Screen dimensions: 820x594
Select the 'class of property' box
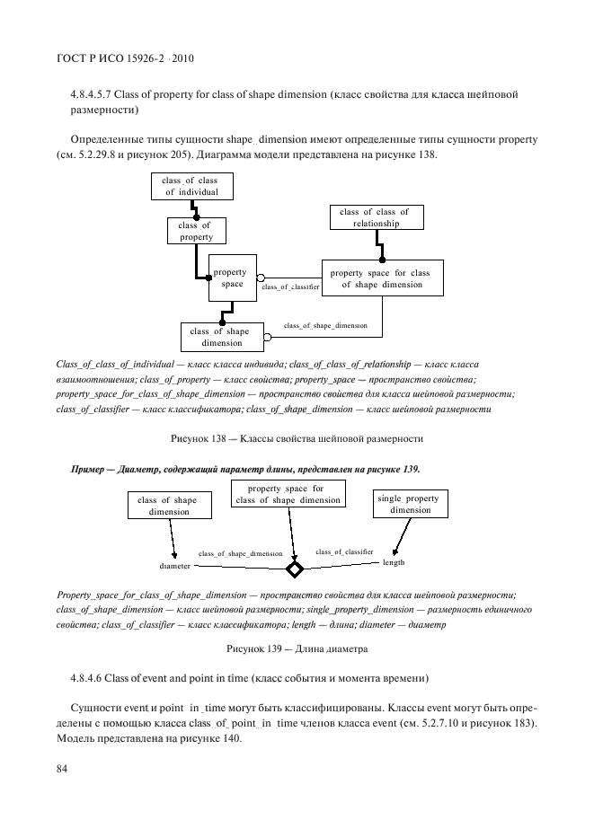tap(195, 231)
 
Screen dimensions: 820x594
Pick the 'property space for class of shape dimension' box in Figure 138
tap(380, 278)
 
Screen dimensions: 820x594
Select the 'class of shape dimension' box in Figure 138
tap(221, 337)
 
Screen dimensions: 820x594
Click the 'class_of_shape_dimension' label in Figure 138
tap(324, 324)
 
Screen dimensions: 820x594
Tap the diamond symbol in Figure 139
tap(294, 570)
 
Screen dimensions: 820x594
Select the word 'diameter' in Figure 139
tap(175, 567)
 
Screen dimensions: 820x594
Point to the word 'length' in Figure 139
tap(394, 562)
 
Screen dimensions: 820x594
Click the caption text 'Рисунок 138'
tap(196, 438)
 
